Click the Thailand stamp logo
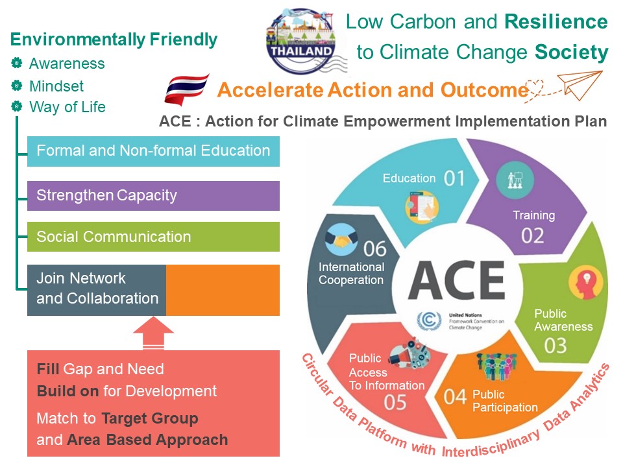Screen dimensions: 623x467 pyautogui.click(x=300, y=41)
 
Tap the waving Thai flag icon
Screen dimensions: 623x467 pyautogui.click(x=187, y=90)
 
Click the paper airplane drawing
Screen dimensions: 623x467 pyautogui.click(x=580, y=84)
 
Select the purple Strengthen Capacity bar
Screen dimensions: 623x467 pyautogui.click(x=153, y=196)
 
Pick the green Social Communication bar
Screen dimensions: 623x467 pyautogui.click(x=153, y=237)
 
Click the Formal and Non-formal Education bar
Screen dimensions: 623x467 pyautogui.click(x=153, y=151)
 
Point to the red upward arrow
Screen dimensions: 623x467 pyautogui.click(x=153, y=333)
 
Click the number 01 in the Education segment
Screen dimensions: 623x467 pyautogui.click(x=454, y=178)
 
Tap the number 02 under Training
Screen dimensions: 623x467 pyautogui.click(x=532, y=235)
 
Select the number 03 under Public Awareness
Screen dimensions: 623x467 pyautogui.click(x=556, y=346)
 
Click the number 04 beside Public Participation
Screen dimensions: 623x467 pyautogui.click(x=455, y=397)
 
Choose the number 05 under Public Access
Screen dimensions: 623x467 pyautogui.click(x=395, y=402)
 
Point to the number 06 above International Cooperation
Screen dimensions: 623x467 pyautogui.click(x=374, y=249)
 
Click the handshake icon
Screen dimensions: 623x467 pyautogui.click(x=341, y=239)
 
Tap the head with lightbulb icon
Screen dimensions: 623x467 pyautogui.click(x=585, y=283)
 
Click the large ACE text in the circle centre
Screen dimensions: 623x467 pyautogui.click(x=456, y=280)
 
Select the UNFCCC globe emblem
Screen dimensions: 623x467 pyautogui.click(x=429, y=320)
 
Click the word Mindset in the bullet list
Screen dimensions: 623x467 pyautogui.click(x=56, y=86)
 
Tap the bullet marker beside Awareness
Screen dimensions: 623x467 pyautogui.click(x=17, y=63)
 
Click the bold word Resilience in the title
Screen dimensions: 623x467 pyautogui.click(x=556, y=21)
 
